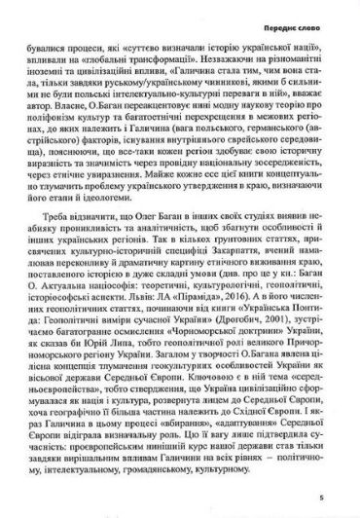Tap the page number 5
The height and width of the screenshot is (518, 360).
tap(332, 497)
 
